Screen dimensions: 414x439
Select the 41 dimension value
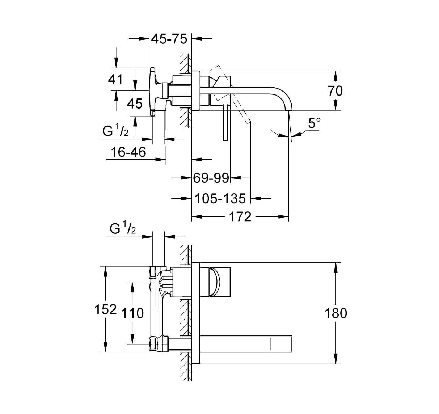pyautogui.click(x=116, y=79)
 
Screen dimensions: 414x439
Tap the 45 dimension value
pyautogui.click(x=135, y=104)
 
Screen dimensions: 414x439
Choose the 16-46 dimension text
pyautogui.click(x=129, y=152)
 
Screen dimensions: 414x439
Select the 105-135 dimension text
pyautogui.click(x=220, y=198)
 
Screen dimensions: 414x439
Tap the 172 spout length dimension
pyautogui.click(x=240, y=217)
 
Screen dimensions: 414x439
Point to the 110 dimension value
pyautogui.click(x=133, y=313)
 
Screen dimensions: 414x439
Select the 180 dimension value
pyautogui.click(x=336, y=313)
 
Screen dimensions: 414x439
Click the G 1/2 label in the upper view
pyautogui.click(x=115, y=131)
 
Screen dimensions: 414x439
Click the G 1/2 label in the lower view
pyautogui.click(x=122, y=229)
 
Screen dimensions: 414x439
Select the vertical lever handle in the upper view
pyautogui.click(x=226, y=123)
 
